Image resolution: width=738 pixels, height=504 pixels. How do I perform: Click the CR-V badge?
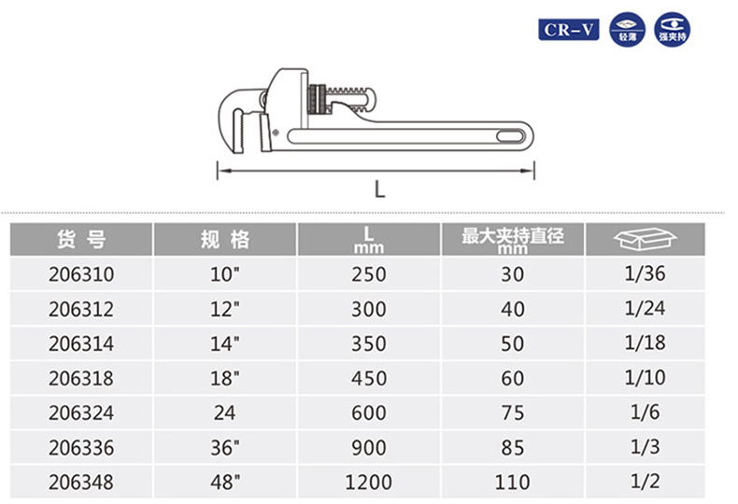pos(569,30)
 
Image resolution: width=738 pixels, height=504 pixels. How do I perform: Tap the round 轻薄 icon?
pos(628,30)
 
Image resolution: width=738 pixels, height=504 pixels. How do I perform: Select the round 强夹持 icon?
pos(672,30)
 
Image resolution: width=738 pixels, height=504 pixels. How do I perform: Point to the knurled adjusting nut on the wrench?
pos(317,99)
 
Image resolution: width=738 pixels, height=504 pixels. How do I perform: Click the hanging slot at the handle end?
pos(511,137)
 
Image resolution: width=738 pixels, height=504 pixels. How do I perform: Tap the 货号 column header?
pos(81,239)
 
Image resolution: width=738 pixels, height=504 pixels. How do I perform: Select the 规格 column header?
pos(224,239)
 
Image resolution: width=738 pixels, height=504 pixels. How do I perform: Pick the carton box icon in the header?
pos(645,238)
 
